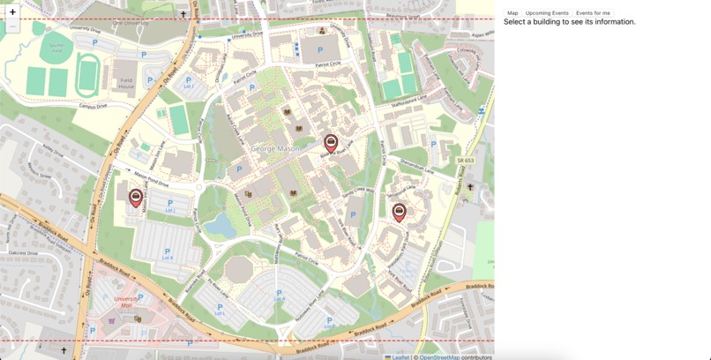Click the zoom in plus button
coord(12,12)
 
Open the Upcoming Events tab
coord(547,13)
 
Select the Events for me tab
coord(593,13)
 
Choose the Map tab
coord(513,13)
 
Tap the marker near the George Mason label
coord(331,143)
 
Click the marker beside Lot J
coord(136,198)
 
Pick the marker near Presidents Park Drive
coord(399,211)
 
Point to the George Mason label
coord(275,149)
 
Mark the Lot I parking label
coord(188,86)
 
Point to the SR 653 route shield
coord(466,160)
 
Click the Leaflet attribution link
coord(401,356)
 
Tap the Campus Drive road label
coord(93,106)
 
